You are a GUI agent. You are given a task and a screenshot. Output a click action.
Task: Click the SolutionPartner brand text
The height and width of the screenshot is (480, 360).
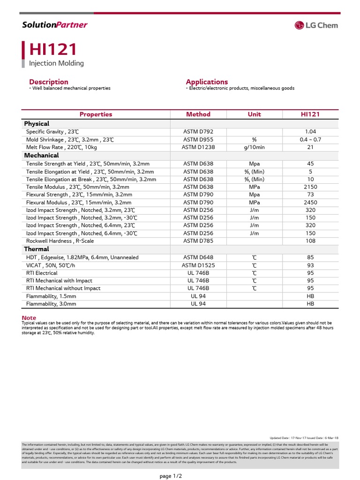coord(55,25)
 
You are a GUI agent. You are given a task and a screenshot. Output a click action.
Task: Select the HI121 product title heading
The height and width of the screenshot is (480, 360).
coord(53,50)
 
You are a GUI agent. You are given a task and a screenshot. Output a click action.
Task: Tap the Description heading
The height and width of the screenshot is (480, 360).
coord(49,82)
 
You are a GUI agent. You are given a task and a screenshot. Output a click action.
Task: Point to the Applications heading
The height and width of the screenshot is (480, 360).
coord(207,82)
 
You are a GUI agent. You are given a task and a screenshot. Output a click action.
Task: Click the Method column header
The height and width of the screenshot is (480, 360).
coord(198,114)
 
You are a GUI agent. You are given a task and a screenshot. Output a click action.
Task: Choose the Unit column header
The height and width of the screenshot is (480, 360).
coord(254,114)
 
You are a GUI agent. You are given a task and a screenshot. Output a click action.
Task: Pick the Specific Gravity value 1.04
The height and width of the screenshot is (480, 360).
coord(310,132)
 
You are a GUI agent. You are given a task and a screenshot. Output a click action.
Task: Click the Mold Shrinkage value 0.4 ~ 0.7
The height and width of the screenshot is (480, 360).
coord(310,140)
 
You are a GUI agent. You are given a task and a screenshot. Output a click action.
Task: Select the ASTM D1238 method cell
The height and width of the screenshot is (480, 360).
coord(198,147)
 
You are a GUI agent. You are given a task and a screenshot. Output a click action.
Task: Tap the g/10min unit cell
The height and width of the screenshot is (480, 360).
coord(254,147)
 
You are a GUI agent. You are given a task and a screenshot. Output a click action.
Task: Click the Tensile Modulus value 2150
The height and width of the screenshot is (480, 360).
coord(310,187)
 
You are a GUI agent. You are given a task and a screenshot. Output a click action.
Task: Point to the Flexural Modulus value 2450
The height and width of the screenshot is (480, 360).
coord(310,202)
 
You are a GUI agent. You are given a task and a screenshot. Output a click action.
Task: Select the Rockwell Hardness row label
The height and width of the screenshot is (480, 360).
coord(60,241)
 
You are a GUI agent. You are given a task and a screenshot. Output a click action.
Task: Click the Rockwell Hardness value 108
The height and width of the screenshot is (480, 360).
coord(310,241)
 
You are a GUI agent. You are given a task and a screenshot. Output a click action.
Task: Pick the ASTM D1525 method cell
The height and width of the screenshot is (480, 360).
coord(198,265)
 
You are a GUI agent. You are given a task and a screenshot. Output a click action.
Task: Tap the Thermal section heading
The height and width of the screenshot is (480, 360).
coord(37,249)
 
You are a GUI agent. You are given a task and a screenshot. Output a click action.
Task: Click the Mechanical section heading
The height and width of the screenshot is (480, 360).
coord(41,155)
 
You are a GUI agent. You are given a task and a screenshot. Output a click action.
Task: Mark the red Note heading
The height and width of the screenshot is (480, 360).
coord(29,318)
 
